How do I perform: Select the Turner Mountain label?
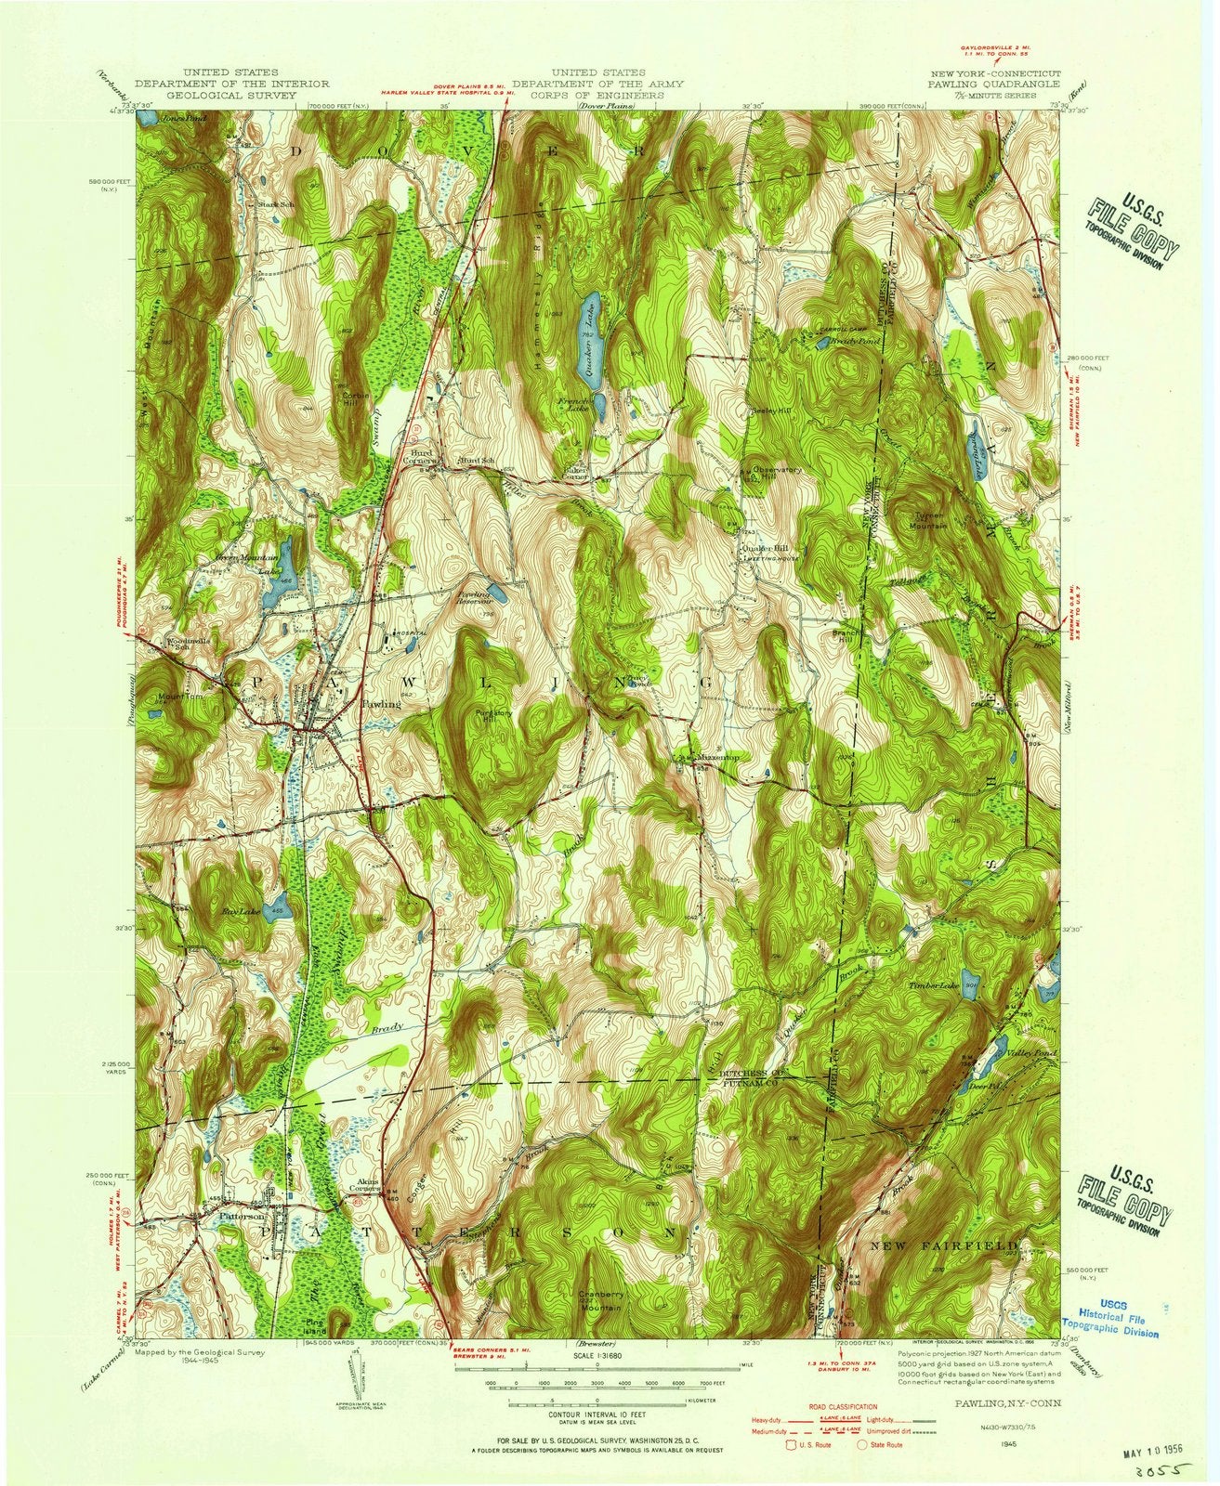[x=928, y=521]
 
